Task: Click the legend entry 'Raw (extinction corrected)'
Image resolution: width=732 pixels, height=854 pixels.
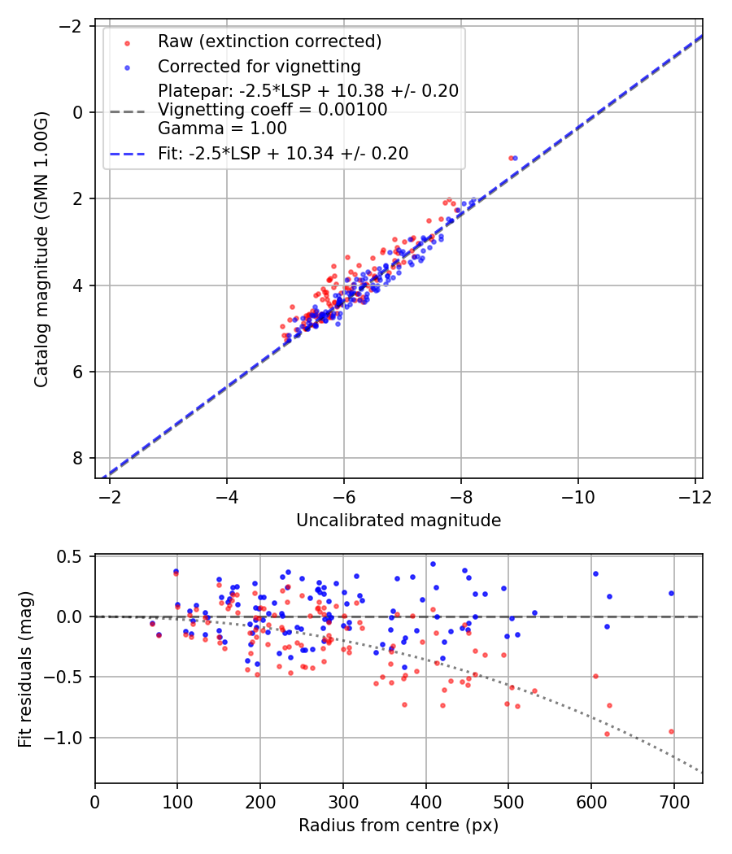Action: click(269, 41)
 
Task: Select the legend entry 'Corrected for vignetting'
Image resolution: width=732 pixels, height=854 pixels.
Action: click(259, 66)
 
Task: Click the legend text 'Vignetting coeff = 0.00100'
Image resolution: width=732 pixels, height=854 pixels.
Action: click(272, 110)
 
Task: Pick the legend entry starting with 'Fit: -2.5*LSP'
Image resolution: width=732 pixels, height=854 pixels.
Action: click(282, 153)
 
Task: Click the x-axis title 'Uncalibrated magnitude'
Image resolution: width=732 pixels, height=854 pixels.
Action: click(399, 520)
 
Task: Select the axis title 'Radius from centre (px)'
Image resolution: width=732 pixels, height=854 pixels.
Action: click(399, 826)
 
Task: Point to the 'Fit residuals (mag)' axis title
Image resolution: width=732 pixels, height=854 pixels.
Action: click(24, 669)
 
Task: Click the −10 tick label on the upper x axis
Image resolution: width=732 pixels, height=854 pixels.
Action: click(578, 495)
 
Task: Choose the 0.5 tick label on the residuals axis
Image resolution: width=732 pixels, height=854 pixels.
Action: click(75, 556)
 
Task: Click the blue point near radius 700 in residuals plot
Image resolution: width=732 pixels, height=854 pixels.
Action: click(671, 593)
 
